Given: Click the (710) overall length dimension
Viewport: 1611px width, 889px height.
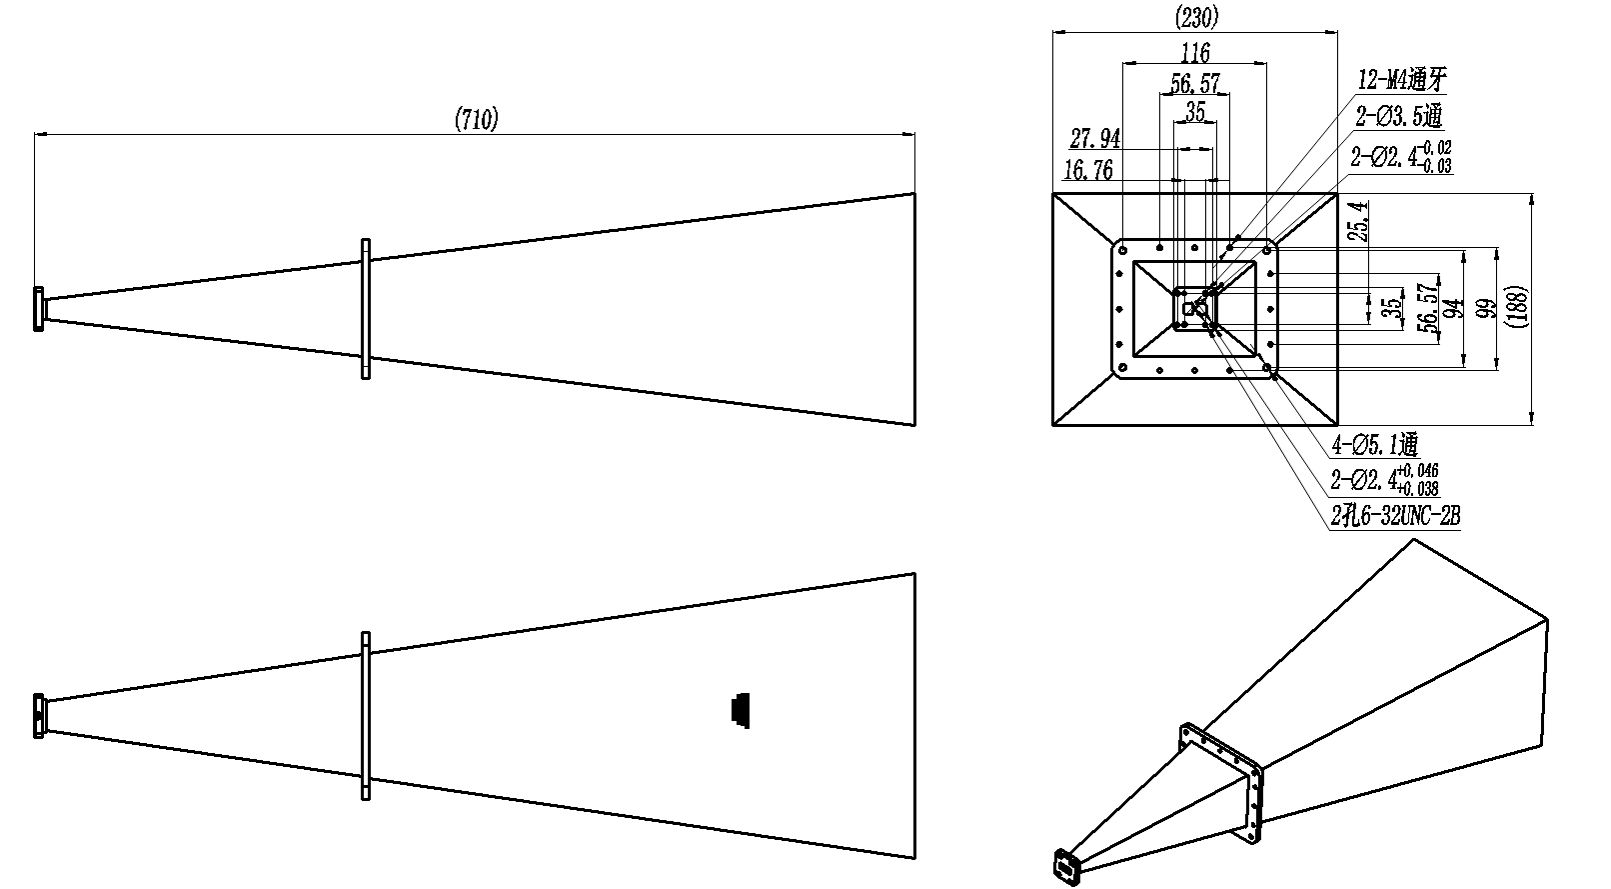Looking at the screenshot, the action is click(x=476, y=119).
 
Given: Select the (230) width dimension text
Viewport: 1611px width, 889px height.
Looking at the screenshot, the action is click(x=1196, y=17).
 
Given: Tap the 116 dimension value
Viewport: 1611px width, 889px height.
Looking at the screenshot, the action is click(x=1195, y=53).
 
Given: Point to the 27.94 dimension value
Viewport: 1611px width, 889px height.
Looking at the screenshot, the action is click(x=1094, y=137).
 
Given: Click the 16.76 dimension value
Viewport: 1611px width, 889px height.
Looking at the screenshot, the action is click(x=1087, y=170).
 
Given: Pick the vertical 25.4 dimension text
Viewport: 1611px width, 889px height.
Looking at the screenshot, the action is click(x=1358, y=220).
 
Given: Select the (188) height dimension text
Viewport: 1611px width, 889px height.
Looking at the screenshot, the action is click(x=1516, y=307).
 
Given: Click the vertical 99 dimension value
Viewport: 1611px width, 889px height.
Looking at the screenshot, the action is click(x=1485, y=308).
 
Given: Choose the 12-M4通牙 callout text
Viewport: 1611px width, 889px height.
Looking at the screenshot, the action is click(x=1401, y=79).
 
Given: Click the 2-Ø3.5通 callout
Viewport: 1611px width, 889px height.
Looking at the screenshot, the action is click(x=1399, y=115).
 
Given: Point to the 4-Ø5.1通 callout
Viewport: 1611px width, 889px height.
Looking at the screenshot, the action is click(x=1374, y=446).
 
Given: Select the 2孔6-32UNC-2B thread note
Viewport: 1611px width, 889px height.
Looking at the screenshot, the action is click(x=1395, y=515).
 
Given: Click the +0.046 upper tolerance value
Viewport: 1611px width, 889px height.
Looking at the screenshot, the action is click(x=1417, y=471).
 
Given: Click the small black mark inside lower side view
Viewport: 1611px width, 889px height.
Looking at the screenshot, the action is click(x=741, y=711).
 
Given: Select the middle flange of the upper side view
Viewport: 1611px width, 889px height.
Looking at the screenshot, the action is click(x=366, y=309).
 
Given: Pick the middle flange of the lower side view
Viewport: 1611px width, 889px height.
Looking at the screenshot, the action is click(x=366, y=716).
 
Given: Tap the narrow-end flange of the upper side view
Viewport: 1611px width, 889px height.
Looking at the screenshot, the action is click(x=39, y=309).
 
